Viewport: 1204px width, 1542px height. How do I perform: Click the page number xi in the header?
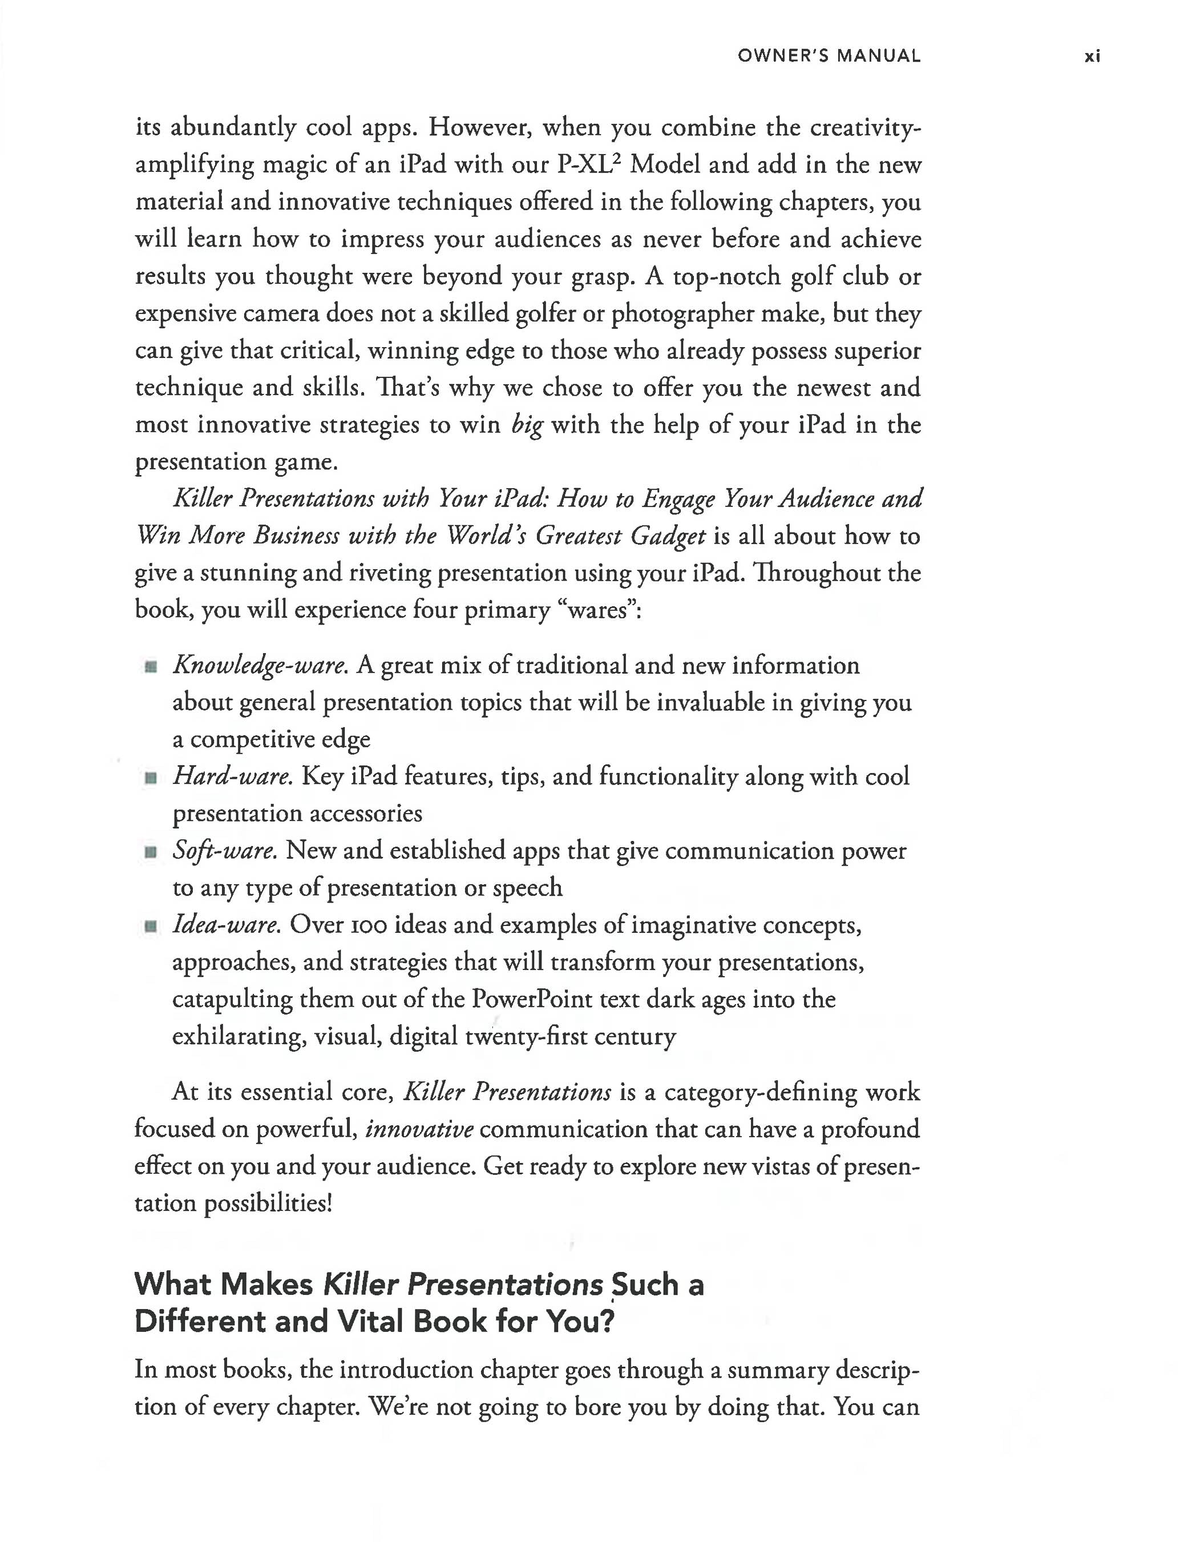click(x=1092, y=57)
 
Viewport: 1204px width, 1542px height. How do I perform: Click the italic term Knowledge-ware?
click(x=260, y=666)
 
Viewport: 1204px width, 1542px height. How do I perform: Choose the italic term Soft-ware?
click(x=225, y=850)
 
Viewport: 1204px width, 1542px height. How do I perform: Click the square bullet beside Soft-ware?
click(x=150, y=852)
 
